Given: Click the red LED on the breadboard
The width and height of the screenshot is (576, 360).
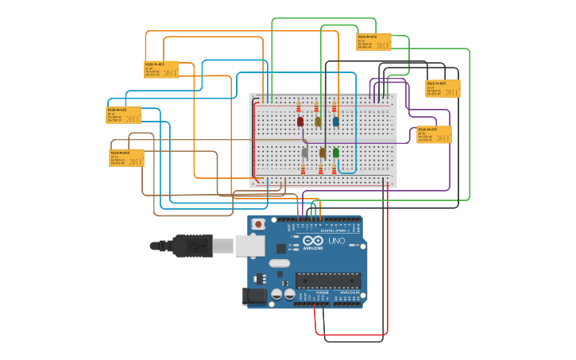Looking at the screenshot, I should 300,122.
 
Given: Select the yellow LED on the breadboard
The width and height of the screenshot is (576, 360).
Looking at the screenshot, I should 318,122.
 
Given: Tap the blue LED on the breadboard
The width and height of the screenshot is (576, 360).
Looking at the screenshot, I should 335,122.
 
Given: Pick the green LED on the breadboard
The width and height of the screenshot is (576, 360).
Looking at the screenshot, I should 336,152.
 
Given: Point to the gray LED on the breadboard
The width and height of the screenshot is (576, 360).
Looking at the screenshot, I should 304,152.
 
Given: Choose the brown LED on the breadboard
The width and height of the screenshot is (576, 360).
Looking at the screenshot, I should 322,152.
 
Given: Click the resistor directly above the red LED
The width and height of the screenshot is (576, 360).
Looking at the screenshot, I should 299,106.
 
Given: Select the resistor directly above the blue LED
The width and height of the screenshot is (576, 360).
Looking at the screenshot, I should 334,106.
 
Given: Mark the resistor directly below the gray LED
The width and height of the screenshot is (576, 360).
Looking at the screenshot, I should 303,168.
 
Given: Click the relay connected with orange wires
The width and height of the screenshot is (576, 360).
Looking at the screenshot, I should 161,69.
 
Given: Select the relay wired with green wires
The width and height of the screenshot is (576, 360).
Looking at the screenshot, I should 373,41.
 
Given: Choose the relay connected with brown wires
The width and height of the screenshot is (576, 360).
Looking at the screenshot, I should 126,157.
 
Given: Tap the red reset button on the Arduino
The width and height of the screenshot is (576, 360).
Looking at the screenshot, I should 258,225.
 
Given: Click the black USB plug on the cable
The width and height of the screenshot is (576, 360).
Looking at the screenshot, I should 191,246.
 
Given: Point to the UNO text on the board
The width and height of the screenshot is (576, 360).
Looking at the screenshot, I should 336,241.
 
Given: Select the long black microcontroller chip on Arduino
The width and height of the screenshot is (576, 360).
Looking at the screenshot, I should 328,280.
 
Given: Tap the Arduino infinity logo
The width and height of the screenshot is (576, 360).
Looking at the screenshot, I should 313,240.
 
